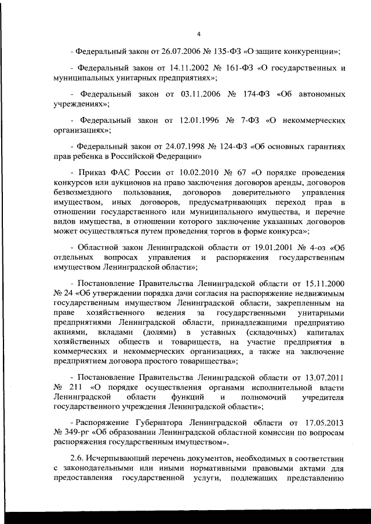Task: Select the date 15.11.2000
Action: (x=319, y=285)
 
